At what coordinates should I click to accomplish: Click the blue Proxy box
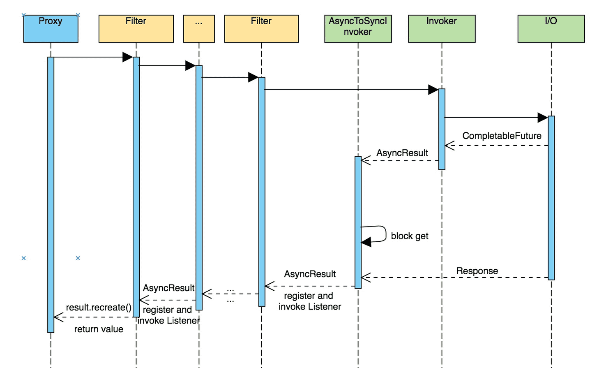pyautogui.click(x=51, y=29)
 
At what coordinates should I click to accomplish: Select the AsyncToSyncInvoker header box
pyautogui.click(x=358, y=29)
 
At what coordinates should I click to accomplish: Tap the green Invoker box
pyautogui.click(x=442, y=29)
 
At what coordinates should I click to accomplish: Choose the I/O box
pyautogui.click(x=551, y=29)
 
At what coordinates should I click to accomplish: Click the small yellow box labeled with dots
pyautogui.click(x=199, y=29)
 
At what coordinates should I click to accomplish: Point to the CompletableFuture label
pyautogui.click(x=502, y=136)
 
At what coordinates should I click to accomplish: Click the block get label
pyautogui.click(x=409, y=236)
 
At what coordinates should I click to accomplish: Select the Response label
pyautogui.click(x=477, y=271)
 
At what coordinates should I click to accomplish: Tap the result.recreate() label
pyautogui.click(x=99, y=308)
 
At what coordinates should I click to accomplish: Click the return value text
pyautogui.click(x=99, y=329)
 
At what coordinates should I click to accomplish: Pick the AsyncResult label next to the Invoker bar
pyautogui.click(x=402, y=153)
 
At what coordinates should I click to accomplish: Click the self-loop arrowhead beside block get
pyautogui.click(x=366, y=242)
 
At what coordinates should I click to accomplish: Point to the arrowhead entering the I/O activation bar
pyautogui.click(x=543, y=118)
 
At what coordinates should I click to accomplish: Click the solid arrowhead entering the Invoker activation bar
pyautogui.click(x=433, y=90)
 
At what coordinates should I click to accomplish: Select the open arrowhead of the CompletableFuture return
pyautogui.click(x=449, y=146)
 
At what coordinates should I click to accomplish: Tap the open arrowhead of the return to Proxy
pyautogui.click(x=59, y=317)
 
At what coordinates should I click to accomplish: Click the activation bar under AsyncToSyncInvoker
pyautogui.click(x=358, y=222)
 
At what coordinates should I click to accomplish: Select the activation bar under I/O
pyautogui.click(x=551, y=198)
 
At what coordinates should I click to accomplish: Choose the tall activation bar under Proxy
pyautogui.click(x=51, y=195)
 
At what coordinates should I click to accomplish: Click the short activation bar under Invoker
pyautogui.click(x=442, y=129)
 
